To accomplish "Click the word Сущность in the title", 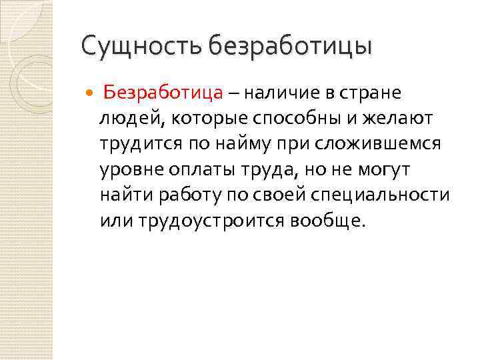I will (x=141, y=47).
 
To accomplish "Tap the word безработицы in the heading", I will (x=290, y=47).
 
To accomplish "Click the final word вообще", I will (x=329, y=221).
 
